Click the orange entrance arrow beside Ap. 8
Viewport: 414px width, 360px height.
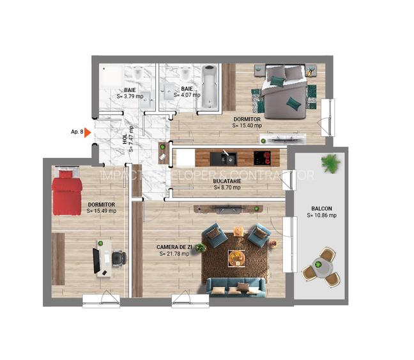click(x=88, y=133)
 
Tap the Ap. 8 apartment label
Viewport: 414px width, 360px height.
click(x=76, y=132)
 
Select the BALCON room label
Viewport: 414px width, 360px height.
click(x=321, y=208)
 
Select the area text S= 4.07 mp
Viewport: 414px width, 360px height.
click(x=186, y=96)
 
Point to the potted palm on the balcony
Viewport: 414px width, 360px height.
click(x=330, y=163)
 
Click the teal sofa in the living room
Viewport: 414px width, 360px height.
click(x=236, y=288)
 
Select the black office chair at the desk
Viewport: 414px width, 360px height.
click(x=118, y=258)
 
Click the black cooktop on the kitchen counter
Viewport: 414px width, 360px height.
click(x=263, y=157)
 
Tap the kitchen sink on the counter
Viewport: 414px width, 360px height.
click(x=225, y=157)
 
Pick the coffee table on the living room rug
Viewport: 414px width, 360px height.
click(x=236, y=257)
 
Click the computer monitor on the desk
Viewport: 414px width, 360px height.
click(x=96, y=258)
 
